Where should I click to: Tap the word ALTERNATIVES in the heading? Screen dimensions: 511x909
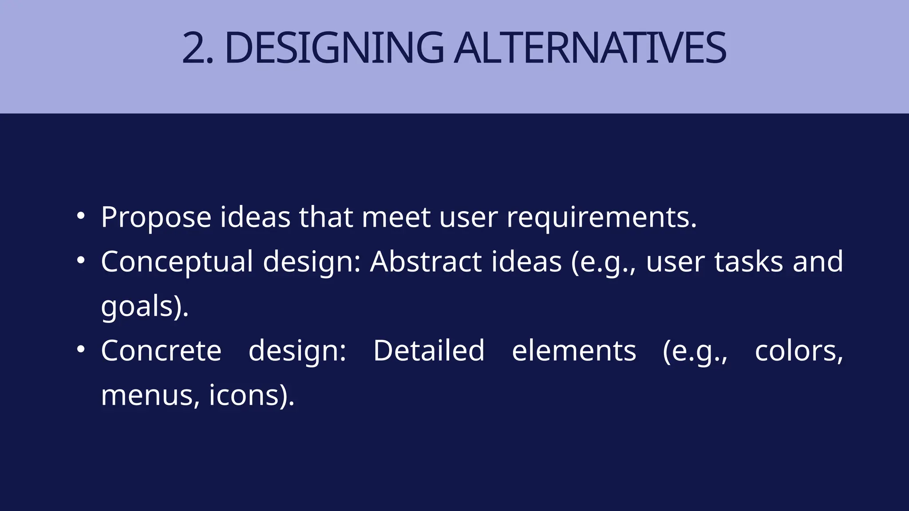click(x=590, y=48)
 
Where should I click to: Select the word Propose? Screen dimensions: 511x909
click(x=156, y=217)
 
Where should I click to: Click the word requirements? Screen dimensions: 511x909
click(x=601, y=217)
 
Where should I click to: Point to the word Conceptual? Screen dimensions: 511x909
click(x=177, y=262)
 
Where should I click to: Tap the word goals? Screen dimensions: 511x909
click(x=136, y=307)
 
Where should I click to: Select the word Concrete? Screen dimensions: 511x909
click(x=161, y=350)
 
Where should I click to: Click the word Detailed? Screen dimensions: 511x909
click(x=428, y=350)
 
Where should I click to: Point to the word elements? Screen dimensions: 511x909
click(x=574, y=350)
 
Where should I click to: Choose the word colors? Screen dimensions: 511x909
click(x=798, y=350)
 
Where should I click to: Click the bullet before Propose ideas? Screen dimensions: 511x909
click(x=80, y=216)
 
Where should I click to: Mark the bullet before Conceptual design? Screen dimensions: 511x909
click(x=80, y=260)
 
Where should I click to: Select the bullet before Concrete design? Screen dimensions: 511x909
click(x=80, y=350)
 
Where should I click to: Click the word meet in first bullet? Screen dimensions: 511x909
click(x=396, y=217)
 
